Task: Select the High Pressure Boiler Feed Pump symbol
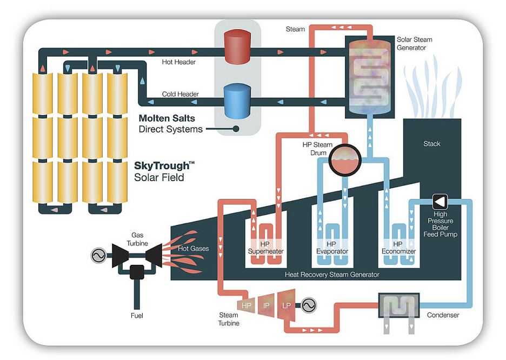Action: point(438,202)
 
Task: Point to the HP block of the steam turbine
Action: point(247,306)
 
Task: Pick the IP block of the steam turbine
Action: point(265,305)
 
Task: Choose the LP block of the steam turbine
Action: point(285,305)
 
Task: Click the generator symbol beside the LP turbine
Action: point(308,305)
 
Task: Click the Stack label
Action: point(432,144)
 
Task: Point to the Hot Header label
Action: point(179,62)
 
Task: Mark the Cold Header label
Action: point(181,95)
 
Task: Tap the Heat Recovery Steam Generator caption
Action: point(332,275)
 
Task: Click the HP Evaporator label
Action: point(332,248)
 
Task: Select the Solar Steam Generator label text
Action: point(415,44)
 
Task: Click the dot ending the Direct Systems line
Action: point(236,129)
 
